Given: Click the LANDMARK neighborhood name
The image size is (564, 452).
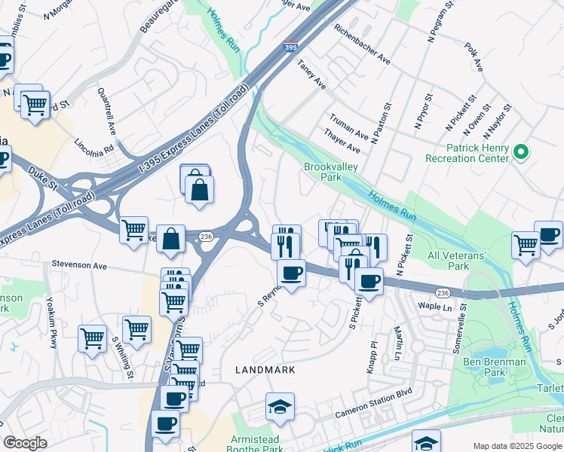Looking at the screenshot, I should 265,370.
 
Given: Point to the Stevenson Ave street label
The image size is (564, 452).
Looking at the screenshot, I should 80,264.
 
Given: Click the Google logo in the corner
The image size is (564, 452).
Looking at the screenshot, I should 25,443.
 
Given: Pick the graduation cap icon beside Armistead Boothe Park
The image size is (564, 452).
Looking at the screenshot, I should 280,408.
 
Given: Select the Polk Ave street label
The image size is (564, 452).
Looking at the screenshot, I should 474,56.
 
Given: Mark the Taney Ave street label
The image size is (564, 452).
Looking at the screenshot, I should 311,75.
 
